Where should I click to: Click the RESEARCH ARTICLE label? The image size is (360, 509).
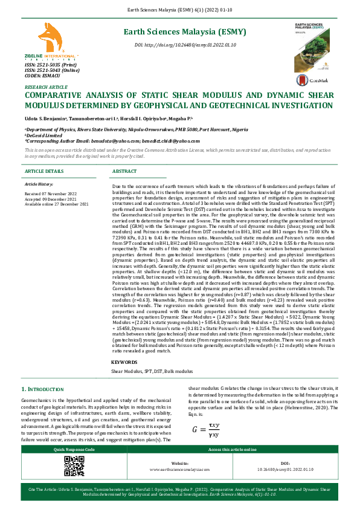[46, 88]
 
